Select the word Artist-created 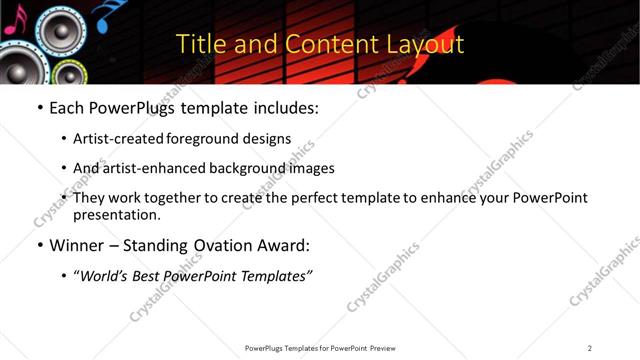(116, 139)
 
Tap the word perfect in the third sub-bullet (313, 198)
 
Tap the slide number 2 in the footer (590, 348)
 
